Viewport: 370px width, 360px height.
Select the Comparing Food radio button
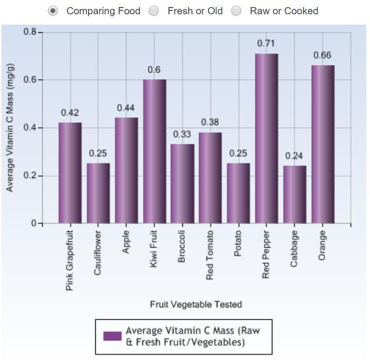[x=54, y=11]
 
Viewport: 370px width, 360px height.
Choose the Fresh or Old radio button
[x=154, y=11]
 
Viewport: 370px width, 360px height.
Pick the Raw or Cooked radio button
[x=236, y=11]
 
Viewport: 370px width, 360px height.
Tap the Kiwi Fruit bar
[x=154, y=151]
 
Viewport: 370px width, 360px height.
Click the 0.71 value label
[x=266, y=43]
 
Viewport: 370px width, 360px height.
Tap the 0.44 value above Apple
[x=126, y=108]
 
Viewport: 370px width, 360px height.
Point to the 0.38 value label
[x=210, y=122]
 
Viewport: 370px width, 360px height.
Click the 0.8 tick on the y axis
[x=30, y=32]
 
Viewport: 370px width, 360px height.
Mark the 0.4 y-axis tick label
[x=30, y=128]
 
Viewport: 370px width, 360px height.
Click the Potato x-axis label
[x=238, y=243]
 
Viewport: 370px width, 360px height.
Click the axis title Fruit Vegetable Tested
[x=196, y=305]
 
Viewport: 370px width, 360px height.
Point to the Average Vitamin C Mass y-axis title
[x=10, y=128]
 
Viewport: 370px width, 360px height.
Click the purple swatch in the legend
[x=112, y=336]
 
